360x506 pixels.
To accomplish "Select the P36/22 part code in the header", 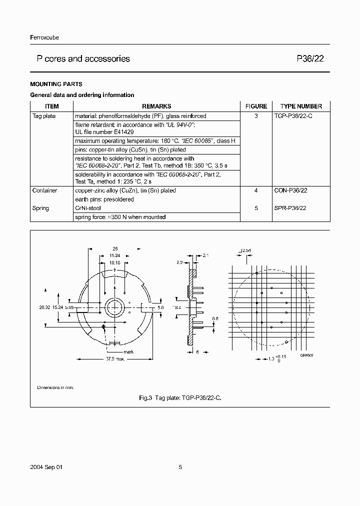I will coord(310,59).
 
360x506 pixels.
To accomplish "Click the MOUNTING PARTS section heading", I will coord(56,84).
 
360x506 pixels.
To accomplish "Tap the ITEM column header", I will coord(52,106).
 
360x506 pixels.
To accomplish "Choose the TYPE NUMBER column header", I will coord(301,106).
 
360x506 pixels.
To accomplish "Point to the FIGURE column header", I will coord(256,106).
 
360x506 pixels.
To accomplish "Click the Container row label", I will coord(44,190).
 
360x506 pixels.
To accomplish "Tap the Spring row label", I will coord(40,208).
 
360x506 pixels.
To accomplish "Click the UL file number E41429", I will coord(104,132).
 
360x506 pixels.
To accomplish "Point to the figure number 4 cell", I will coord(256,190).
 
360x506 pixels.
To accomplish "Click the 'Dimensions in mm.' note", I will coord(55,387).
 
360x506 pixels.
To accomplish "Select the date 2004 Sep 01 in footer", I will coord(47,467).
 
